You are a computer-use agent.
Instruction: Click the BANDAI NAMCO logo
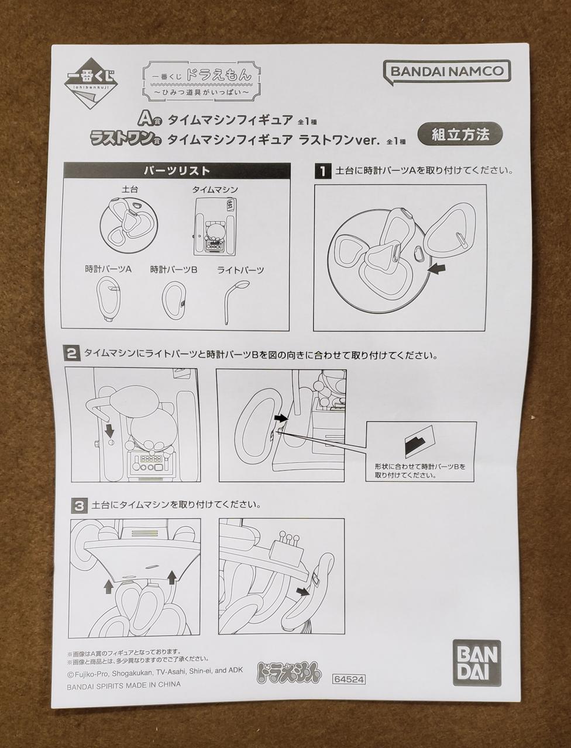pos(447,72)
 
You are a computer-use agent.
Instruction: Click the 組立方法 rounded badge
pos(460,135)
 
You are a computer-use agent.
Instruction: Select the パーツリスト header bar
pos(176,170)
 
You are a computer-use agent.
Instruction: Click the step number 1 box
pos(323,171)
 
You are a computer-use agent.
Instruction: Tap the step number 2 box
pos(71,354)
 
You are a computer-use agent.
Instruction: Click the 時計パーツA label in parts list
pos(108,269)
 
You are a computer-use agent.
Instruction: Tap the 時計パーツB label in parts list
pos(174,269)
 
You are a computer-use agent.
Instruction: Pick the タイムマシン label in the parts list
pos(215,190)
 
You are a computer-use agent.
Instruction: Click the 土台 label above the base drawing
pos(130,189)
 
